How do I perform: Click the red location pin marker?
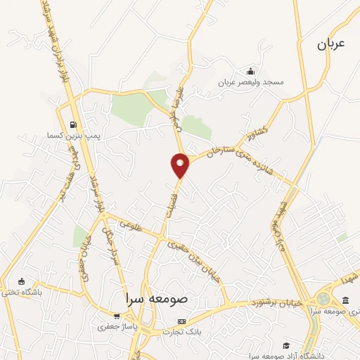[181, 165]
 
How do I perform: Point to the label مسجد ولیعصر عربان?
[251, 82]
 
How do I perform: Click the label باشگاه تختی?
[22, 292]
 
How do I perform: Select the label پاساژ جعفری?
[112, 326]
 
